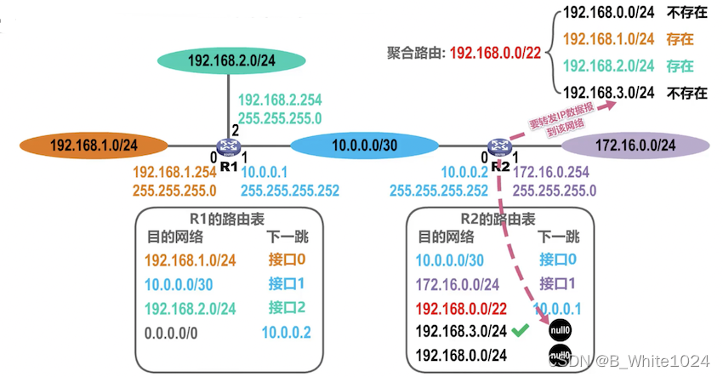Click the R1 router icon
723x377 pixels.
tap(227, 148)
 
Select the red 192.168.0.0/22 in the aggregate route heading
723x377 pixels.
tap(495, 51)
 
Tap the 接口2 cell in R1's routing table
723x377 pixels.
tap(287, 307)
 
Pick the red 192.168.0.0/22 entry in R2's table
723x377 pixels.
tap(461, 308)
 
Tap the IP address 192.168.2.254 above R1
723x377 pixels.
tap(281, 99)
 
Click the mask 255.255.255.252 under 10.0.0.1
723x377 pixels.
tap(290, 191)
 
